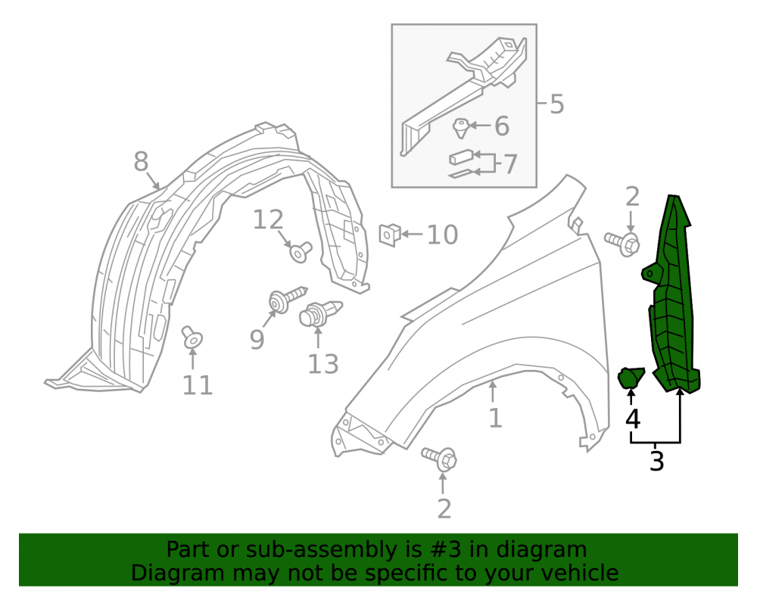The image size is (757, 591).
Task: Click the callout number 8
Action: point(141,161)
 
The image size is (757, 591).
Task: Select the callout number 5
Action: point(556,104)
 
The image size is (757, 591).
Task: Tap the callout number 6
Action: point(502,126)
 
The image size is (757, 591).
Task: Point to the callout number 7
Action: point(510,164)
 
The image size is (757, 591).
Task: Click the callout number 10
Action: point(442,235)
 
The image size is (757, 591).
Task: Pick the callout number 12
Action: point(268,219)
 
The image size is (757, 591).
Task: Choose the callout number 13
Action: point(323,364)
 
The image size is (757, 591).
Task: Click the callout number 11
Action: point(198,385)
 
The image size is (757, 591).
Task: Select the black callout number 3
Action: point(656,461)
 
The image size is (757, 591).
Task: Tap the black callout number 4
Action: point(632,418)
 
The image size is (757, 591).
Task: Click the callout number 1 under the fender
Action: point(495,418)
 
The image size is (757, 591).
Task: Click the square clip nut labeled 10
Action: point(390,235)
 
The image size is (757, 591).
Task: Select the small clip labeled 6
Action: point(461,128)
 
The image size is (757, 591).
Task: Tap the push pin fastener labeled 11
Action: point(192,337)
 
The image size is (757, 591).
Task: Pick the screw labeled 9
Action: point(287,299)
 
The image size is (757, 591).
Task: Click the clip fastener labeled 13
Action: point(319,313)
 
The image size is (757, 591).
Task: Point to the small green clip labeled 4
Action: point(631,378)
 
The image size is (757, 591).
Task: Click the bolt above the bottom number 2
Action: point(439,459)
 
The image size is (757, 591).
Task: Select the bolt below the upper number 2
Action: point(623,243)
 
